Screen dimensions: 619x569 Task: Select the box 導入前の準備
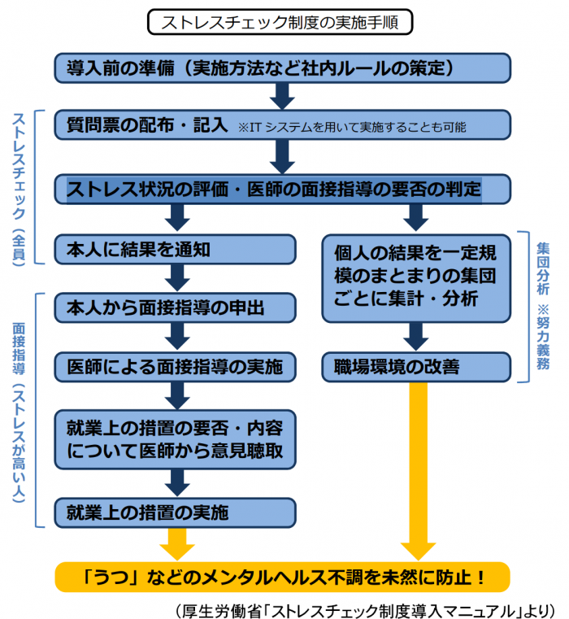pos(282,68)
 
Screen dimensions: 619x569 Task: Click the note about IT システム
pos(351,129)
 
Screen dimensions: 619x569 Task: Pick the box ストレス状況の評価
pos(282,190)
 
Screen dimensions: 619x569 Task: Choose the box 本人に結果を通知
pos(175,250)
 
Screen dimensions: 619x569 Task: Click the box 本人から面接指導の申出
pos(175,308)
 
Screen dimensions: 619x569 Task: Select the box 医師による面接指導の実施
pos(175,367)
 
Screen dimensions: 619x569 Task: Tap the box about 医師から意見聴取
pos(175,439)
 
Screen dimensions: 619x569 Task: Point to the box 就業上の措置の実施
pos(175,512)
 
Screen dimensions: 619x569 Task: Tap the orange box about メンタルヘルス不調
pos(282,578)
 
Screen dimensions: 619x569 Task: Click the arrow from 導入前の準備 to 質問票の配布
pos(282,96)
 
